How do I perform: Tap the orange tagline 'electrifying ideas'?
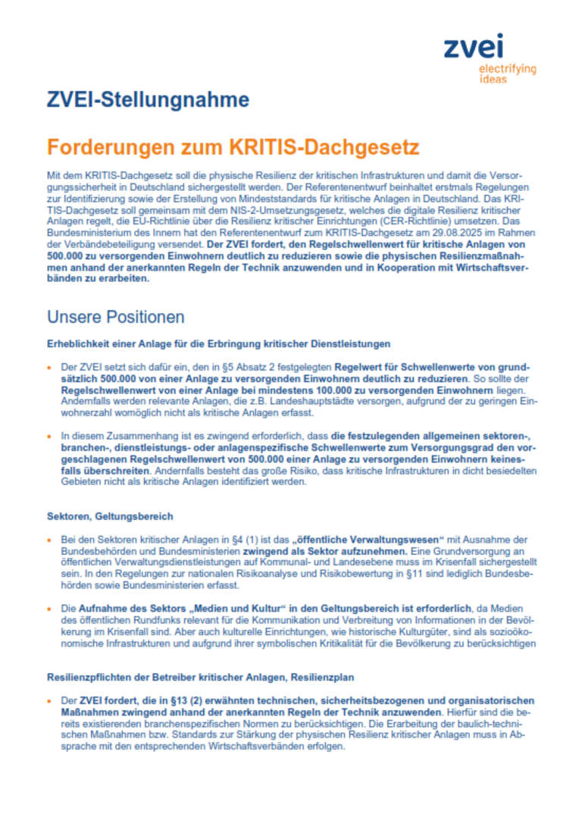pyautogui.click(x=507, y=74)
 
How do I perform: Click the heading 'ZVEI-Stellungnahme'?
pyautogui.click(x=148, y=99)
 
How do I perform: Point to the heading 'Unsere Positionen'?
pyautogui.click(x=115, y=315)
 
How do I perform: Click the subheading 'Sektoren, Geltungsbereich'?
pyautogui.click(x=110, y=516)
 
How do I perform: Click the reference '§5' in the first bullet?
pyautogui.click(x=176, y=366)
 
